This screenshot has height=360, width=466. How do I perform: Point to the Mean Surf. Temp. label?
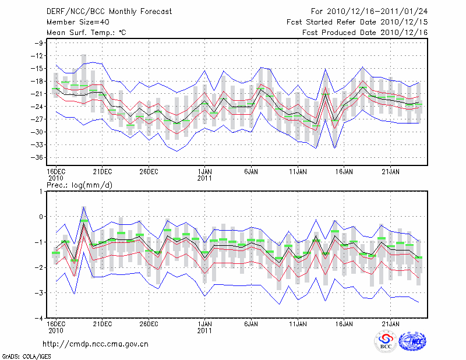click(x=86, y=33)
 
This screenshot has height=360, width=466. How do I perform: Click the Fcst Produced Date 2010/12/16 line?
click(x=365, y=33)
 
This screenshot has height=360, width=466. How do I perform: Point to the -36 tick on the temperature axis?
click(x=39, y=157)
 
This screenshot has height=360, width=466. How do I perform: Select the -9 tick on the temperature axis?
click(x=41, y=43)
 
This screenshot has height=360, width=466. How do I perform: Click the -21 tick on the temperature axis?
click(x=39, y=94)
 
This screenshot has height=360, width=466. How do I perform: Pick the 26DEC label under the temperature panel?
click(x=149, y=171)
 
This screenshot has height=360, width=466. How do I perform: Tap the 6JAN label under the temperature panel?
click(x=251, y=171)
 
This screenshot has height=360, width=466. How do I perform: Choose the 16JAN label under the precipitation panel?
click(x=344, y=323)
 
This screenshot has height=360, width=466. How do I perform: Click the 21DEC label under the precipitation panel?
click(x=102, y=323)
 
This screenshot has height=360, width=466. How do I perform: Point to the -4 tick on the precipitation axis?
click(x=41, y=318)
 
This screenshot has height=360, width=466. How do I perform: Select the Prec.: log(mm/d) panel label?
click(x=76, y=185)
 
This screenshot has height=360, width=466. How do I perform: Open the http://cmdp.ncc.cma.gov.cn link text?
click(x=96, y=344)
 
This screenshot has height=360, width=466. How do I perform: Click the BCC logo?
click(x=386, y=343)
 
